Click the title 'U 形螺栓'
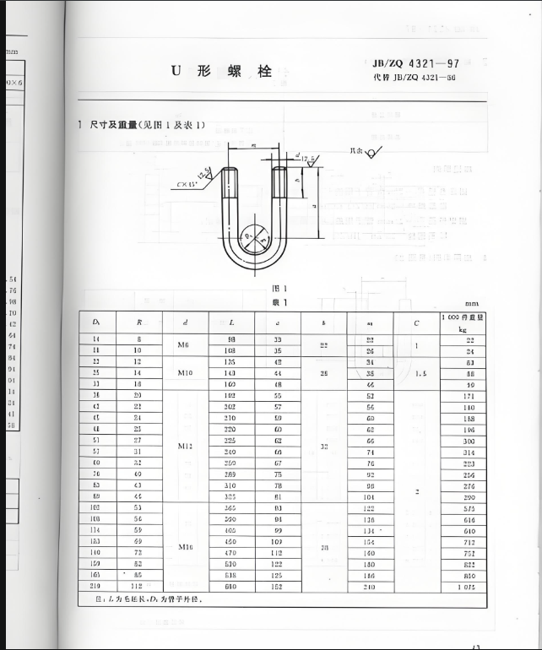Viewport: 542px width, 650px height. point(222,72)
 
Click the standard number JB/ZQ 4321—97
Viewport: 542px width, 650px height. point(416,63)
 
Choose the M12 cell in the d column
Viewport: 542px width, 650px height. point(186,445)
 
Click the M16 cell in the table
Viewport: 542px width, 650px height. point(186,546)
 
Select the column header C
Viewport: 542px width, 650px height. point(416,322)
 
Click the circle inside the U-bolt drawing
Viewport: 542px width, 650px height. point(253,236)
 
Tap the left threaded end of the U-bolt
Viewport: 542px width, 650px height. point(229,182)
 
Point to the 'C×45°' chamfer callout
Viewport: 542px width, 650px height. point(188,184)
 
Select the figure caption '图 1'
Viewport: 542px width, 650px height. point(279,289)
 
